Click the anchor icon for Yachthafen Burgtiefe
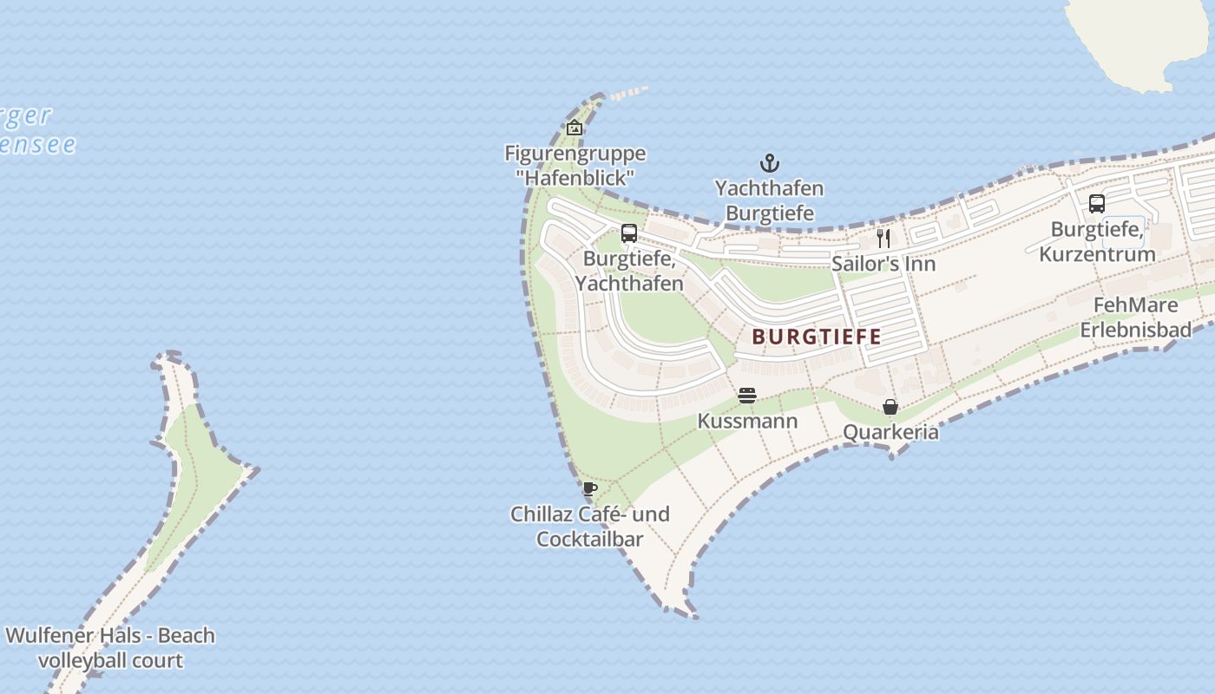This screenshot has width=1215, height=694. coord(769,163)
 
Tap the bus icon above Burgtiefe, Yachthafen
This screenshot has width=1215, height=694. coord(629,233)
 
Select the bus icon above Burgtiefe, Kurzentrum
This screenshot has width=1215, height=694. coord(1097,204)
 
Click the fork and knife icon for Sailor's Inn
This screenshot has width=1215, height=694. coord(883,238)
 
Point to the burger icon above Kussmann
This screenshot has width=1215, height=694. coord(747,396)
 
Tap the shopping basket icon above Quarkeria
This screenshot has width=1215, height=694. coord(890,406)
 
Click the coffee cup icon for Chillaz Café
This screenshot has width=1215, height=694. coord(590,488)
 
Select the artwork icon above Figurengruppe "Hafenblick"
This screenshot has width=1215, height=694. coord(575,128)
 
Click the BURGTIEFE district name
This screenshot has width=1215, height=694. coord(817,337)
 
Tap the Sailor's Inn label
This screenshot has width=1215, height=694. coord(883,264)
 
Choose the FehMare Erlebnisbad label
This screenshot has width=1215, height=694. coord(1135,318)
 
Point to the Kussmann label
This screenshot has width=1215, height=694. coord(747,422)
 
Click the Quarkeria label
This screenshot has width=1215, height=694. coord(890,432)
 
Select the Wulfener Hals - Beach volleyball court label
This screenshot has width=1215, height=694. coord(110,648)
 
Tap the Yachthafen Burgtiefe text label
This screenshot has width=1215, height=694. coord(769,200)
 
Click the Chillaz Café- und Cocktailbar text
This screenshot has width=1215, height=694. coord(590,527)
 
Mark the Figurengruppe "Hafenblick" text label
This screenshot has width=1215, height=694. coord(575,166)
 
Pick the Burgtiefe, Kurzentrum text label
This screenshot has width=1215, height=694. coord(1097,242)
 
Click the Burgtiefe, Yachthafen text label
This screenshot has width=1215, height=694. coord(633,271)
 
